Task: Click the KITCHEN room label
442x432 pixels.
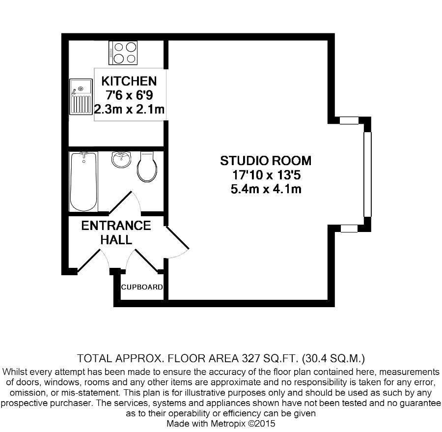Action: tap(129, 81)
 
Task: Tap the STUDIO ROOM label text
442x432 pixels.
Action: tap(266, 161)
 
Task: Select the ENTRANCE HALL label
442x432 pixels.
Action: tap(116, 232)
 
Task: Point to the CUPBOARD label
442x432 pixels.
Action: tap(142, 287)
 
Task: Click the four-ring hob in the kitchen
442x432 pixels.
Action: tap(123, 53)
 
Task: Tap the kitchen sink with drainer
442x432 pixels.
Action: tap(81, 97)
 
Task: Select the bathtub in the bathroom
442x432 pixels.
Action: tap(83, 182)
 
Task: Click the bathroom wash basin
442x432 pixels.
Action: tap(121, 159)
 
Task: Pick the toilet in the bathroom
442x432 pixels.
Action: tap(147, 167)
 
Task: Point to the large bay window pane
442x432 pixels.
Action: tap(367, 174)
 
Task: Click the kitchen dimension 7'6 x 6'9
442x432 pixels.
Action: tap(129, 95)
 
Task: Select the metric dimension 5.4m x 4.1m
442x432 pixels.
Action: tap(266, 189)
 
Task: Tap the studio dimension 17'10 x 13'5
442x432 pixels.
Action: tap(266, 175)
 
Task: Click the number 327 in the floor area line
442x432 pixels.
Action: tap(251, 358)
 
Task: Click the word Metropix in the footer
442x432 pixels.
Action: tap(228, 423)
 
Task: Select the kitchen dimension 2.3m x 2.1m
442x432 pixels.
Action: tap(129, 109)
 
